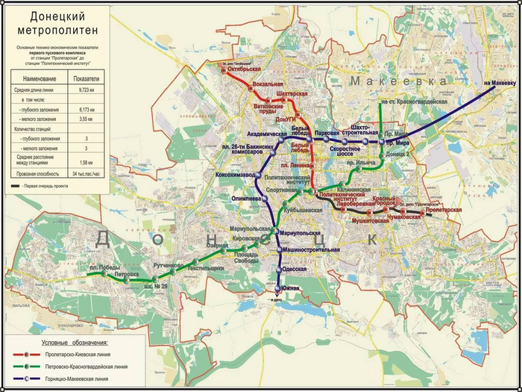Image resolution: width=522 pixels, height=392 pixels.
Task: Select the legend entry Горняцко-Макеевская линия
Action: coord(87,379)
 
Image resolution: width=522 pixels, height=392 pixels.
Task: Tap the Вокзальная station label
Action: coord(266,84)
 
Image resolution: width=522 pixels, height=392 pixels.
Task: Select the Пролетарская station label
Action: coord(444,210)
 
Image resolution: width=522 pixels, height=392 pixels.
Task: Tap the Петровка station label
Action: coord(126,275)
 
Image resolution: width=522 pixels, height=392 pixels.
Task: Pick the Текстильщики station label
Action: coord(205,267)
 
